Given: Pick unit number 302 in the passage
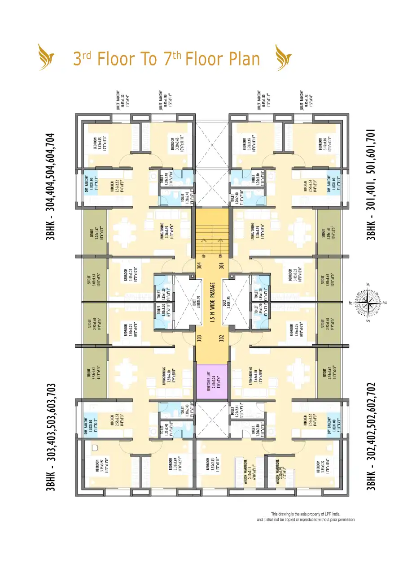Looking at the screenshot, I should coord(221,337).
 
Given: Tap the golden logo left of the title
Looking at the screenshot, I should coord(47,57).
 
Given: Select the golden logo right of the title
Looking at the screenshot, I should coord(284,57).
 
